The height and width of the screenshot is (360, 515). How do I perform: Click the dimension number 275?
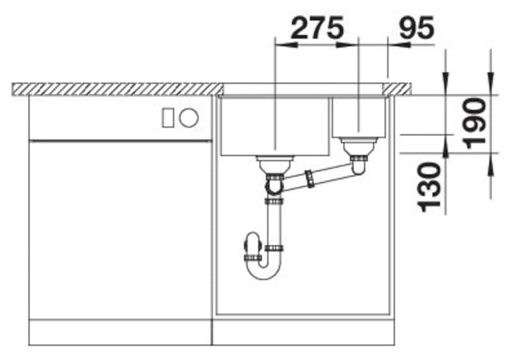(317, 28)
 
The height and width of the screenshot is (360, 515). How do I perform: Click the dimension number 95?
(417, 28)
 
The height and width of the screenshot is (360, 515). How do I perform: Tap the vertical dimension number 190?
(473, 123)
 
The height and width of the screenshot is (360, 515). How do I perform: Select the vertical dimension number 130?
(429, 187)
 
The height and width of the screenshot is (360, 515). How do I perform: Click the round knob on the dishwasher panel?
(189, 118)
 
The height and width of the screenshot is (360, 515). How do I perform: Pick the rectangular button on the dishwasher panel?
(168, 118)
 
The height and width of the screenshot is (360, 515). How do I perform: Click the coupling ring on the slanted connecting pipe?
(310, 178)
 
